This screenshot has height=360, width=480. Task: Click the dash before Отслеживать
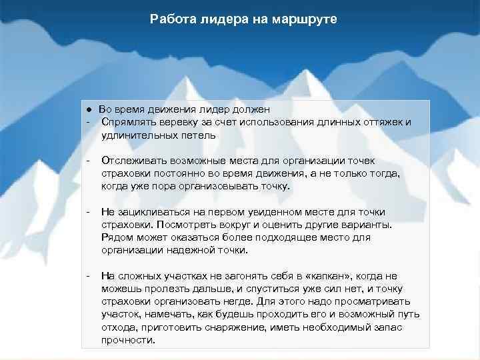[87, 161]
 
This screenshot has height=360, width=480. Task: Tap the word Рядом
[116, 237]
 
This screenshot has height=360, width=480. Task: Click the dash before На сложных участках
[87, 276]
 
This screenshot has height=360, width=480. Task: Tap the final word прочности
[128, 340]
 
